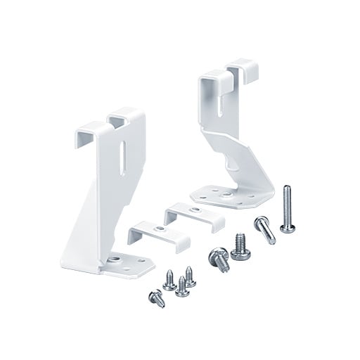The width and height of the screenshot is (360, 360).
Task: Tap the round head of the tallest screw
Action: point(287,227)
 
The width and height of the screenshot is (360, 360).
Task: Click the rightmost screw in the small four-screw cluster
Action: point(189,274)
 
